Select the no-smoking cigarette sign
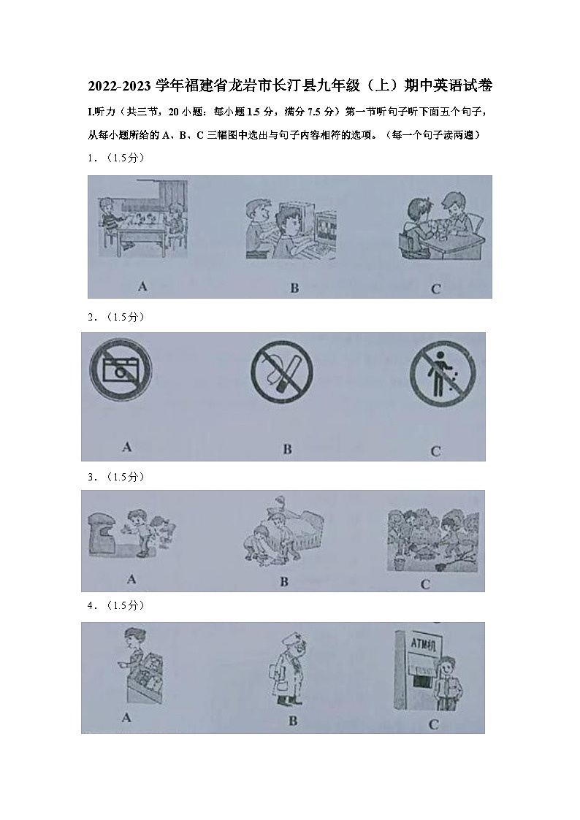coord(282,372)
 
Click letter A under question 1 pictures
coord(142,286)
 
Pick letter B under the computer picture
coord(294,288)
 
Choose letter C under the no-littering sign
coord(435,451)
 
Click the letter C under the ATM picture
coord(433,725)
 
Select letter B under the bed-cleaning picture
coord(284,582)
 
